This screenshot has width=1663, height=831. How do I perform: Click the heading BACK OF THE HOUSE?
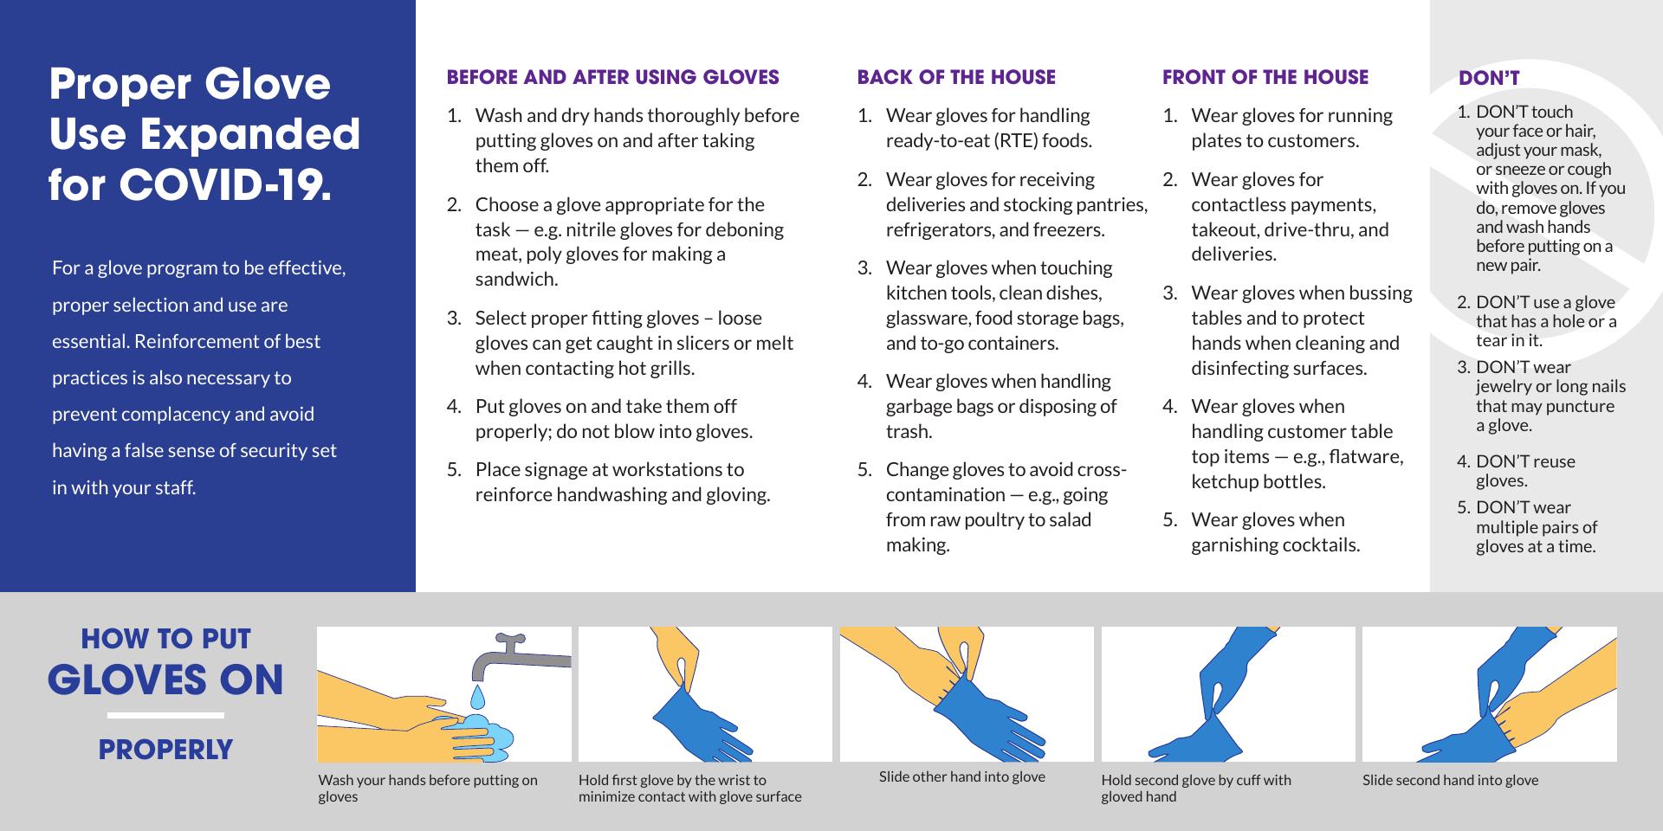(x=956, y=77)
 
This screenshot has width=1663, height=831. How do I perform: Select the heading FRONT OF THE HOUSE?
(x=1265, y=77)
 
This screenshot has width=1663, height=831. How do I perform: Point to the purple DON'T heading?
(x=1489, y=78)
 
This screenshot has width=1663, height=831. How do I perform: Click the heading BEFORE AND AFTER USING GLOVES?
(x=613, y=77)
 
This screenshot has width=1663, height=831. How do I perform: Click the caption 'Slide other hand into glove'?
(x=961, y=776)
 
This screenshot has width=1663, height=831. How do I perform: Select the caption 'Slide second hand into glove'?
(x=1450, y=780)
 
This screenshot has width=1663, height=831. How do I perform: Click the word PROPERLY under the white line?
(x=165, y=750)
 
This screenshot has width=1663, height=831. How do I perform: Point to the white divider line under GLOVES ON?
(x=165, y=716)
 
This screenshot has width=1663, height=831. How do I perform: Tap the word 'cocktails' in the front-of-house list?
(x=1317, y=544)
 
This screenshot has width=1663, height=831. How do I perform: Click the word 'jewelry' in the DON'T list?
(x=1504, y=387)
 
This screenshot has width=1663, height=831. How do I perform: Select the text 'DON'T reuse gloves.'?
(x=1525, y=471)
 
